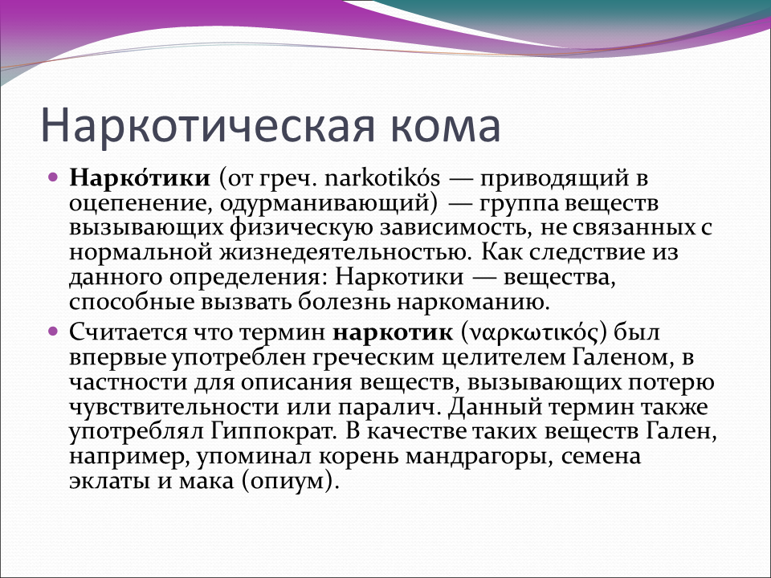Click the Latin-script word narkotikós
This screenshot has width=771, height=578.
[x=382, y=178]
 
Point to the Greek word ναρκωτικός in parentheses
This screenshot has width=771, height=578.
[x=534, y=333]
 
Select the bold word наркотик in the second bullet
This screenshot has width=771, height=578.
[x=393, y=333]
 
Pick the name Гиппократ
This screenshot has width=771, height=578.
[x=273, y=432]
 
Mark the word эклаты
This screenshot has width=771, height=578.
[x=109, y=482]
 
